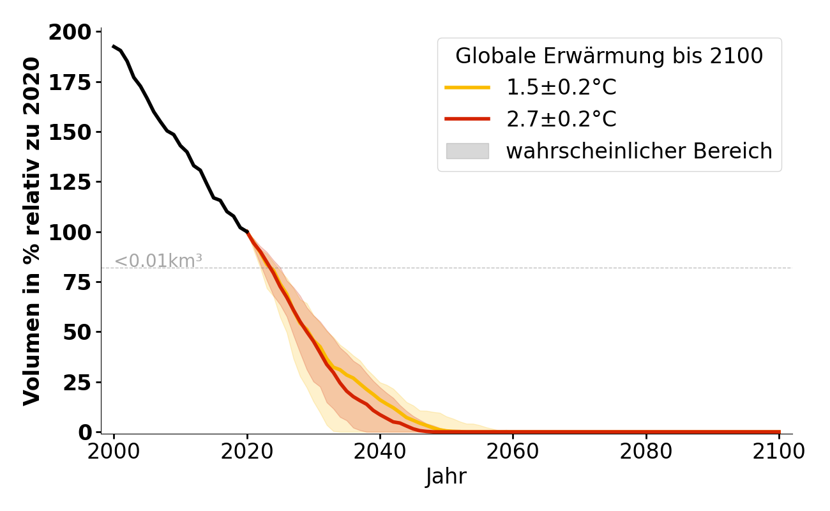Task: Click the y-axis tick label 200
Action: [x=71, y=33]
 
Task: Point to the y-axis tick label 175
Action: [x=71, y=82]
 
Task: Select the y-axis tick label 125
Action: [x=71, y=182]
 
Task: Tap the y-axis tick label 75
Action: [x=78, y=282]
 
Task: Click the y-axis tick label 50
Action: [x=78, y=332]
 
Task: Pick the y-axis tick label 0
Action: [x=86, y=432]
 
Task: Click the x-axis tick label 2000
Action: [x=114, y=452]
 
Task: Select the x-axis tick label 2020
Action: [x=247, y=452]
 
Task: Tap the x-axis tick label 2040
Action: [x=380, y=452]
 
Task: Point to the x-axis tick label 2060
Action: [x=513, y=452]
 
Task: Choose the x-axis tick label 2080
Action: [x=646, y=452]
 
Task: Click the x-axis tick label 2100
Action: [x=779, y=452]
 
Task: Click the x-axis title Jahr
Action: [x=446, y=477]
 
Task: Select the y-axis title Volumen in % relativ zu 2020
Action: [x=32, y=231]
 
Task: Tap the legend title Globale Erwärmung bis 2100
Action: [x=609, y=56]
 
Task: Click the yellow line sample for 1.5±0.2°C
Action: [x=467, y=88]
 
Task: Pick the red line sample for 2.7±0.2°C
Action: [x=467, y=119]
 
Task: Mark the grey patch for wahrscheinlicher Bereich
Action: [x=467, y=151]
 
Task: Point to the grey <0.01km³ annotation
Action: [x=158, y=261]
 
